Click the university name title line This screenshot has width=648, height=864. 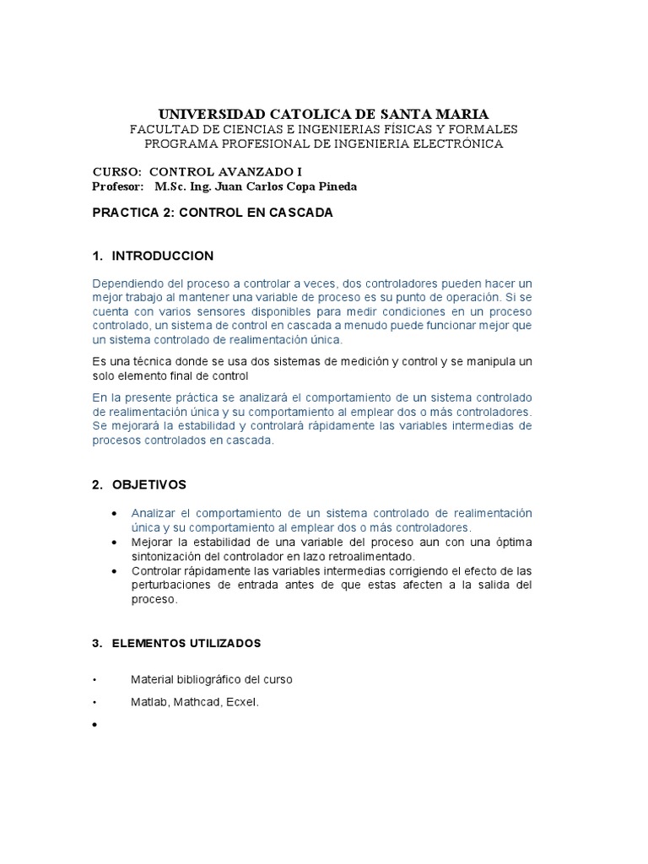pos(323,114)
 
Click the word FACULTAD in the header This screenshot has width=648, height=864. pos(160,129)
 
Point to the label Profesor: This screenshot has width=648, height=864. pos(117,186)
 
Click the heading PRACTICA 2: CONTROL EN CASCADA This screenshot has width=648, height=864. pos(212,213)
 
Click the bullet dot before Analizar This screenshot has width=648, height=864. pos(114,514)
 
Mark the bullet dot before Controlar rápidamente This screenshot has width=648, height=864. pos(114,571)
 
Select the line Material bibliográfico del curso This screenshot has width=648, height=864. pos(211,679)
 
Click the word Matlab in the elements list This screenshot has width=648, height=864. pos(149,702)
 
